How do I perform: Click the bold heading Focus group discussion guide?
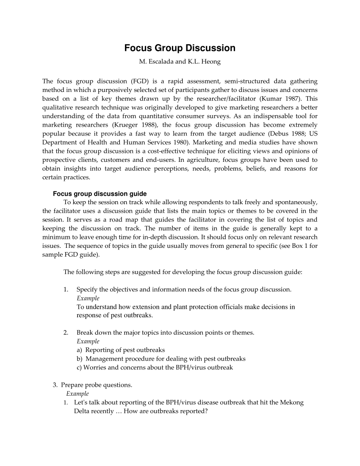coord(100,194)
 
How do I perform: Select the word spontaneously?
coord(294,202)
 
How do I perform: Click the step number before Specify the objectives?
coord(66,290)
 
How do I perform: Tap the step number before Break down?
coord(66,333)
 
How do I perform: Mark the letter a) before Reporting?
coord(80,350)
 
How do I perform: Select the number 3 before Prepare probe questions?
coord(55,385)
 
